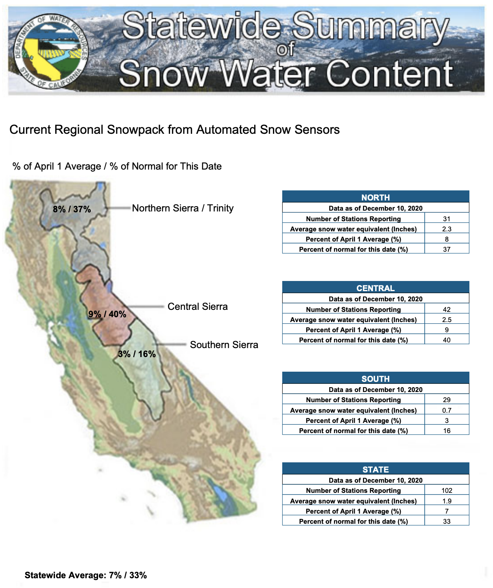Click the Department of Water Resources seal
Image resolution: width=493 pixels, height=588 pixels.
[x=51, y=51]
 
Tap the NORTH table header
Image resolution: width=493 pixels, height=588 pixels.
[x=375, y=197]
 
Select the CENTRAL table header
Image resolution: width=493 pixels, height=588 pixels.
[x=375, y=288]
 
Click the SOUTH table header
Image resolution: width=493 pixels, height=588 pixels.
[x=375, y=379]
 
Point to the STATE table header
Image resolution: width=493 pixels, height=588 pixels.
[x=375, y=469]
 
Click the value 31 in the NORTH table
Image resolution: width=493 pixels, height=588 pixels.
[x=447, y=219]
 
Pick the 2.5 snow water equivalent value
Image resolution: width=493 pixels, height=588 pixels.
[x=447, y=320]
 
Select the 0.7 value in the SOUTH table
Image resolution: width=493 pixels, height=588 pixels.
[x=447, y=410]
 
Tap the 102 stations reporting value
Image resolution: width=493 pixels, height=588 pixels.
[x=447, y=490]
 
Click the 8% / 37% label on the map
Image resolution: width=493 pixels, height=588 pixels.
[x=72, y=209]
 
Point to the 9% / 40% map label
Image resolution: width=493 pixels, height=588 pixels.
[x=107, y=314]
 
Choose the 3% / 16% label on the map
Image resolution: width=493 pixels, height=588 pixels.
[x=137, y=354]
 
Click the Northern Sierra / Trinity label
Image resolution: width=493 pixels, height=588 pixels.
[x=183, y=208]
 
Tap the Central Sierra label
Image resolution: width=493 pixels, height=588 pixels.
[x=197, y=306]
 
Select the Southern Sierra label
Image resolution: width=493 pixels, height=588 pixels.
[x=224, y=345]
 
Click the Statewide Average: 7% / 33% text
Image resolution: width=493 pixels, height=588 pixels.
[x=86, y=575]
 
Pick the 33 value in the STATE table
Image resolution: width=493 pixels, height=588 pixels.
[x=447, y=521]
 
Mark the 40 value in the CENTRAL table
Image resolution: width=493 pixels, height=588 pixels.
[x=447, y=340]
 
